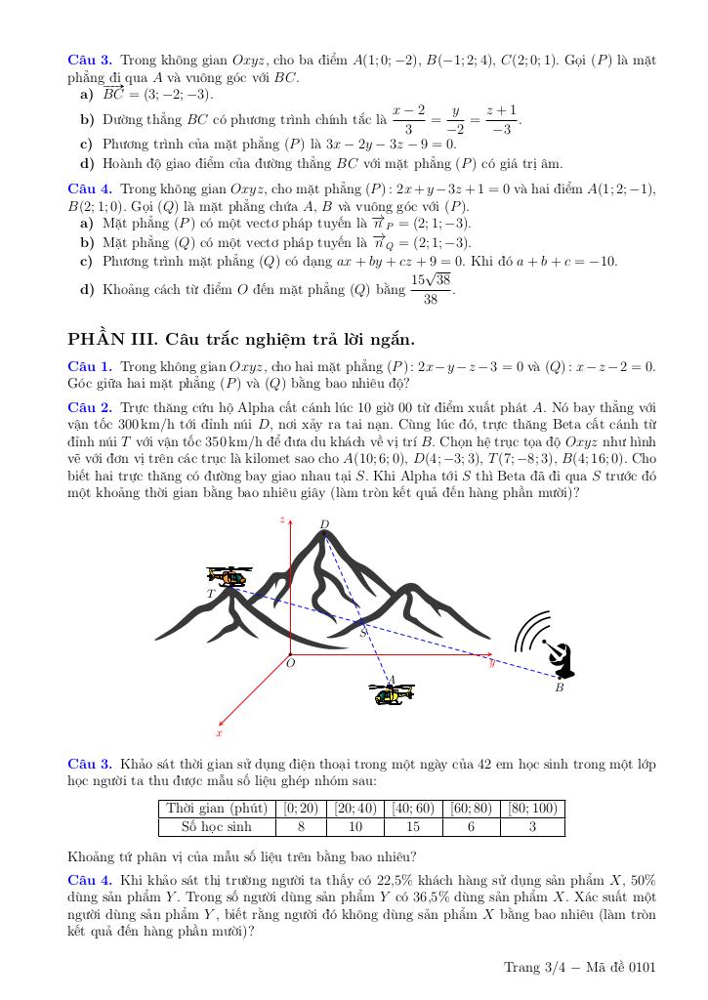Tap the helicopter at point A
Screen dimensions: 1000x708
click(x=393, y=693)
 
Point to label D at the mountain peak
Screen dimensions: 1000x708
click(x=324, y=524)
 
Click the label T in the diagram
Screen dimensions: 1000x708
click(x=210, y=593)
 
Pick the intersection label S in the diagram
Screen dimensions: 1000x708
click(x=363, y=632)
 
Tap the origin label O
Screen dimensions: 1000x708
click(x=290, y=664)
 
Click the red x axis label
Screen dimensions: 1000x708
click(x=219, y=732)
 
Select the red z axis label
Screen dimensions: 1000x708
click(x=282, y=521)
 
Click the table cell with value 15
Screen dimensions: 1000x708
click(x=413, y=827)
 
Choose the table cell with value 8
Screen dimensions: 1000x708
click(x=301, y=827)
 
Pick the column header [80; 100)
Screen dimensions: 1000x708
click(x=531, y=808)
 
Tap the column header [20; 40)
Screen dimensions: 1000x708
click(x=356, y=808)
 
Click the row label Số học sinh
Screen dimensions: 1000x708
click(x=217, y=827)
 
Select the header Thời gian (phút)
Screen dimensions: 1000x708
click(x=217, y=808)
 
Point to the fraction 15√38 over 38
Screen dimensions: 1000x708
click(x=430, y=289)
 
